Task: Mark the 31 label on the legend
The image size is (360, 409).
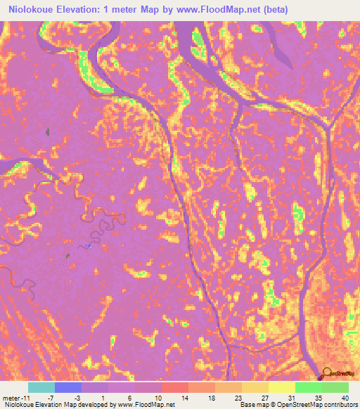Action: (x=281, y=398)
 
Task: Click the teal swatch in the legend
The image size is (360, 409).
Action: (x=41, y=387)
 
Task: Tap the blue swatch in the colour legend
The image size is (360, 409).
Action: (x=68, y=387)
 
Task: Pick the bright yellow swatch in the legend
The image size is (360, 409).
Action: (x=282, y=387)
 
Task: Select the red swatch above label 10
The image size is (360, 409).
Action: (x=174, y=387)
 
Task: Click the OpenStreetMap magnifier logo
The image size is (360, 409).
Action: (x=326, y=374)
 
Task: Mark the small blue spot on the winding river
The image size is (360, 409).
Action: (x=88, y=246)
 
